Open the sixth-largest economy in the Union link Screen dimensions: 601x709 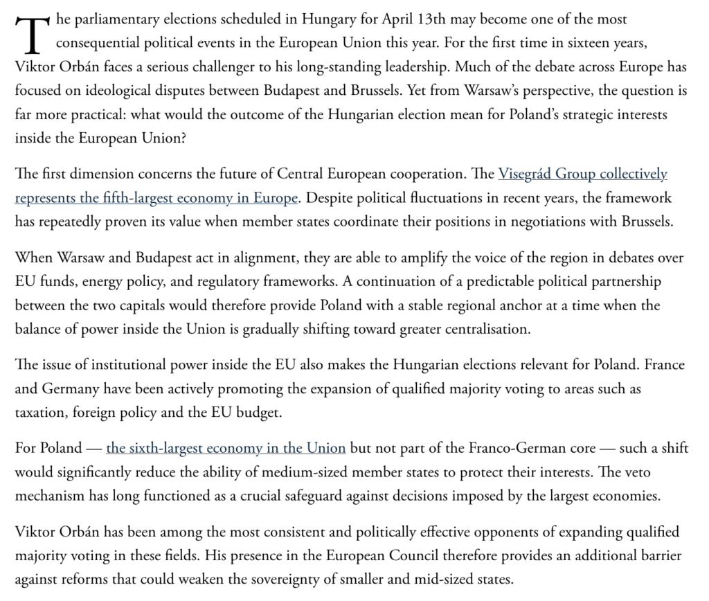pyautogui.click(x=226, y=448)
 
